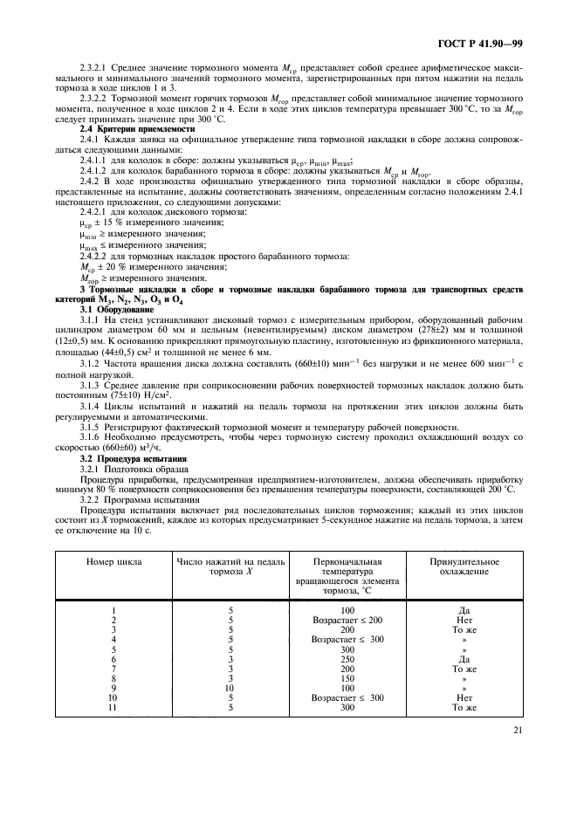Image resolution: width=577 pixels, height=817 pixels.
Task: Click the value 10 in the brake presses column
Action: tap(230, 687)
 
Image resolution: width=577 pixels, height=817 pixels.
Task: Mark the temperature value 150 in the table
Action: tap(347, 677)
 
